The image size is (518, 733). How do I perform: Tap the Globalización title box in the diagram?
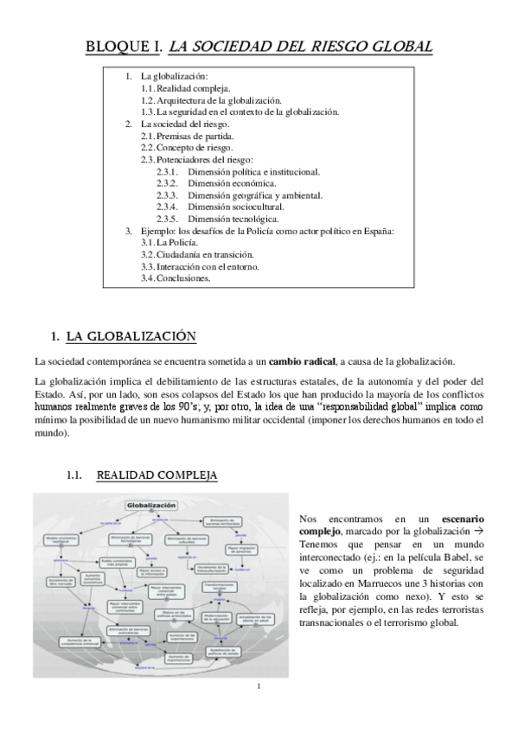[151, 505]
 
